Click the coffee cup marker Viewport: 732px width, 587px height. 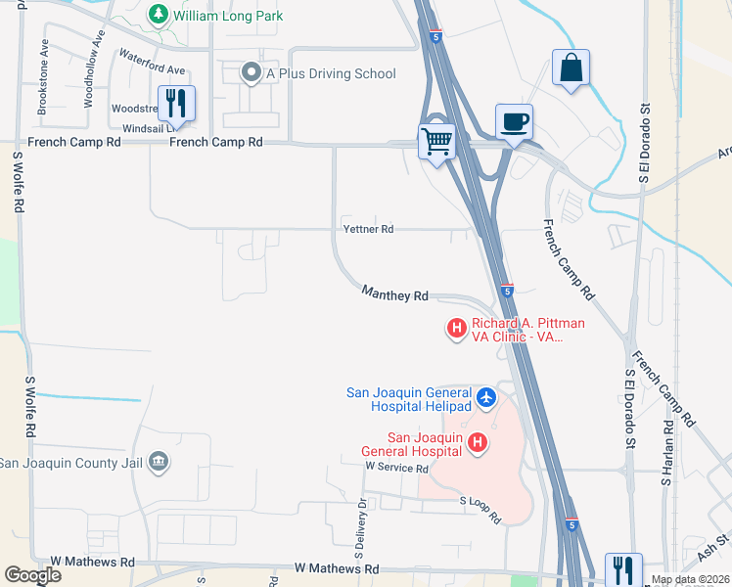pos(514,121)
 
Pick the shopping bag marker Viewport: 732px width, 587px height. pos(571,68)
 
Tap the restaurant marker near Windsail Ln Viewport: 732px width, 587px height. pos(176,102)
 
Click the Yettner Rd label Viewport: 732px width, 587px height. pos(368,229)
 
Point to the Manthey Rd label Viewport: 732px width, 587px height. pos(395,293)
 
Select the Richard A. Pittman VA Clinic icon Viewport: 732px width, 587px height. pos(455,328)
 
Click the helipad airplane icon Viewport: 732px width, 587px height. pos(487,399)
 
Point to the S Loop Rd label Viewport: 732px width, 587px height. pos(480,508)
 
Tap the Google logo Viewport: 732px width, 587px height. pos(32,574)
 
